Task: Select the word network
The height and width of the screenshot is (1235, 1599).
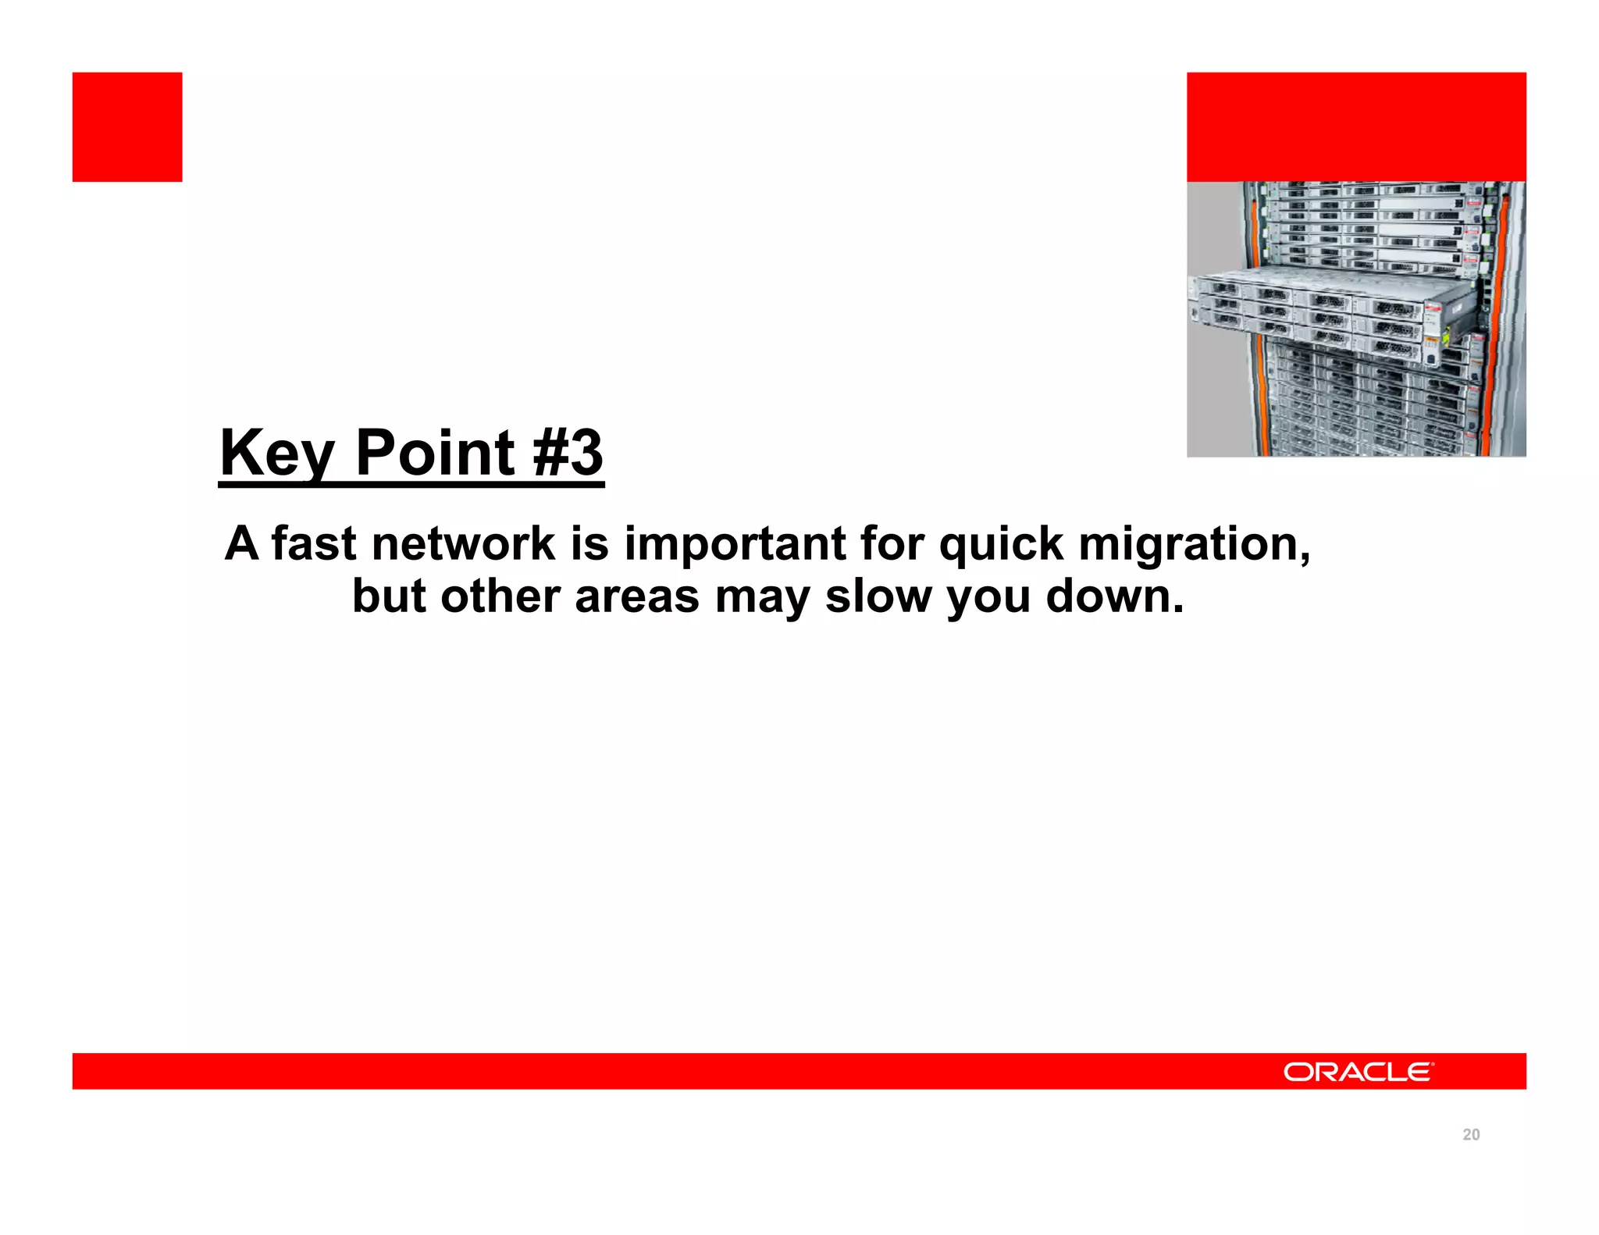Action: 463,543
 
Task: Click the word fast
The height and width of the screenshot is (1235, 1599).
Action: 314,543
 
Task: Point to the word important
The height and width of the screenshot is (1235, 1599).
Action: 735,543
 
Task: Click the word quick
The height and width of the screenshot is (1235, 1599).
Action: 1001,543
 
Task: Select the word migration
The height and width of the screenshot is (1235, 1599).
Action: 1193,545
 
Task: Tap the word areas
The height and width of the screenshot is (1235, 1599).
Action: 636,597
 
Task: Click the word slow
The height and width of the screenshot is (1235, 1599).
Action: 878,596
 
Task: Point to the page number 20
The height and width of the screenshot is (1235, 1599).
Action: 1471,1134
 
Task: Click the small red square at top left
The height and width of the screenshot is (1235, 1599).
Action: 127,127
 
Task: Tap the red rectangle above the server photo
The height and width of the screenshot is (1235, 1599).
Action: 1356,127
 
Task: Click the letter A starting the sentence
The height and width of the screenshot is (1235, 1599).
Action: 241,543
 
